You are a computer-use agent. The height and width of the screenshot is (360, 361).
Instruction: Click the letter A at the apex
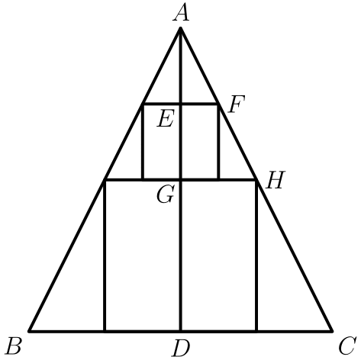(181, 13)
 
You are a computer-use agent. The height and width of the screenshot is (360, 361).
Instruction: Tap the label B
(14, 346)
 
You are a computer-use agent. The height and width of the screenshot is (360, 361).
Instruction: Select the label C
(347, 346)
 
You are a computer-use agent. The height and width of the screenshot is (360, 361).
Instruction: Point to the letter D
(181, 349)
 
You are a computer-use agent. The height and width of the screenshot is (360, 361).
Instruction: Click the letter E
(166, 118)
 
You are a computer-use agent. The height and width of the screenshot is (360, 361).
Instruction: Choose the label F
(237, 104)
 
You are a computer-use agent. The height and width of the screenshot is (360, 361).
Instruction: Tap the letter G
(166, 194)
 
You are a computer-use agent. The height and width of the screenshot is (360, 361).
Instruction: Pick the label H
(275, 180)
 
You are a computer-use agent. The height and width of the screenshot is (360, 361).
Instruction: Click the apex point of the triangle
(181, 28)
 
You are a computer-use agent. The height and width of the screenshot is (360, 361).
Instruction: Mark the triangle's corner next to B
(30, 331)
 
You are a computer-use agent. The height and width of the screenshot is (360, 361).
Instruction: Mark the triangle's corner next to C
(332, 331)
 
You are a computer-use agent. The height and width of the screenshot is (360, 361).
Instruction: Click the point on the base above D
(181, 331)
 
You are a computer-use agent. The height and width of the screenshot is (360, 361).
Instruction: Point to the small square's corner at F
(218, 104)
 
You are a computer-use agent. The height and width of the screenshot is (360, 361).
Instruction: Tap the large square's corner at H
(256, 180)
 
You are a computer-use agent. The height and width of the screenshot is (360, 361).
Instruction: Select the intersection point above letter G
(181, 180)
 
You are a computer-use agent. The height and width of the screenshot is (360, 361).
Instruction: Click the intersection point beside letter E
(181, 104)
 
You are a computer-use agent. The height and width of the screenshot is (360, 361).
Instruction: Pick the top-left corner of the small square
(143, 104)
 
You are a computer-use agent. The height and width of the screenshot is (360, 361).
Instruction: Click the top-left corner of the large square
(105, 180)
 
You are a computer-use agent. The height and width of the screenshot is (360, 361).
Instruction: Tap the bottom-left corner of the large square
(105, 331)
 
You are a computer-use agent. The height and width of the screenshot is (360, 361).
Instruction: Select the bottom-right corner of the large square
(256, 331)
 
